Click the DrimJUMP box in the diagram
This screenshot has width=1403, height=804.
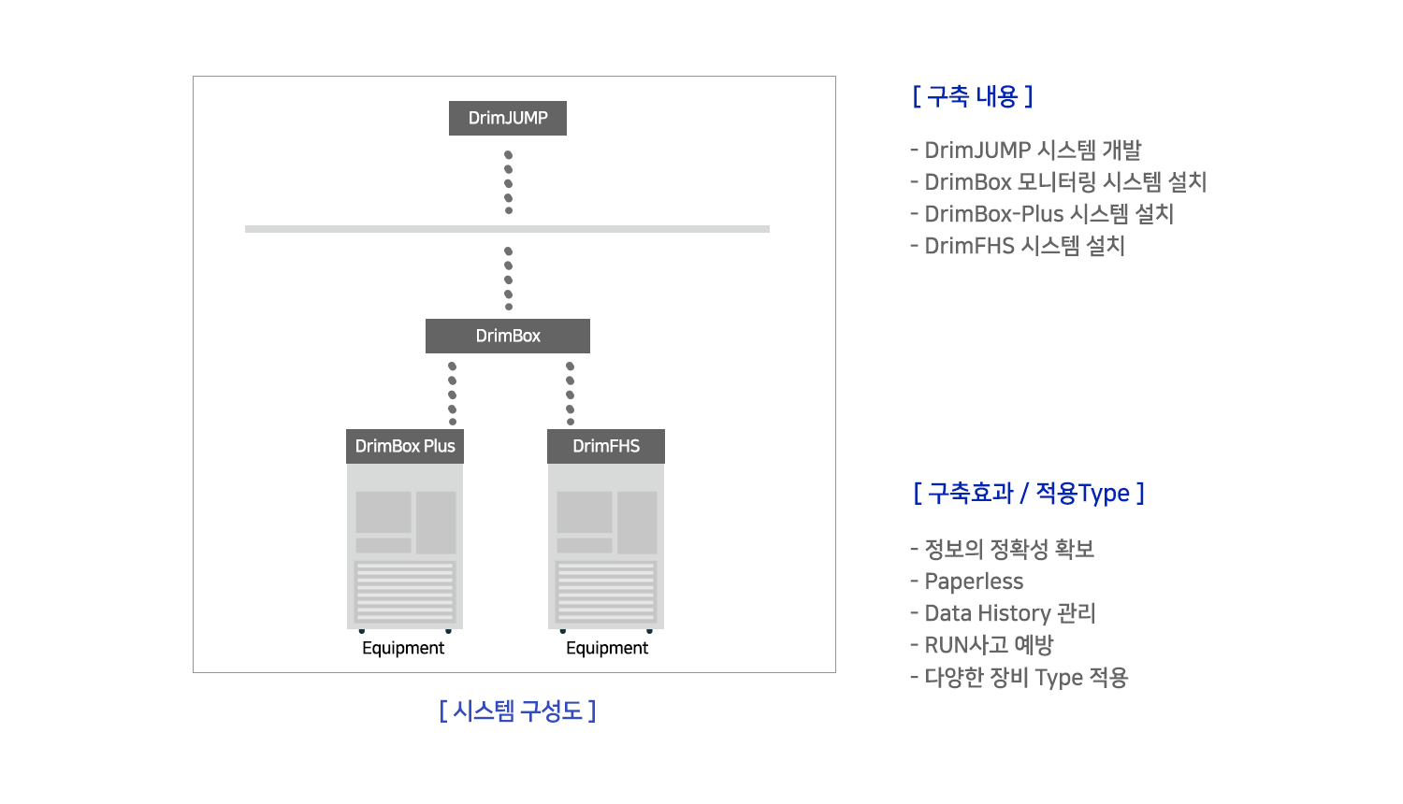tap(507, 118)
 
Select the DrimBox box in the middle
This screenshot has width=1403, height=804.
tap(507, 336)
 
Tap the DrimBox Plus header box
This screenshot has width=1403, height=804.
tap(405, 446)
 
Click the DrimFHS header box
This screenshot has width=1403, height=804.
tap(606, 446)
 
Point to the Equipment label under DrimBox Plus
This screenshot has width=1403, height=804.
tap(403, 648)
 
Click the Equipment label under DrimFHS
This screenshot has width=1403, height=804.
tap(607, 648)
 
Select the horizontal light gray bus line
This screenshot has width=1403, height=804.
tap(507, 229)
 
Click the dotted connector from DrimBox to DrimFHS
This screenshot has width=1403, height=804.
tap(570, 394)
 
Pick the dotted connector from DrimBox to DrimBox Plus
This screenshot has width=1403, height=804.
tap(452, 394)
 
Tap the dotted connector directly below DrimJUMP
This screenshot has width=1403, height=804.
tap(509, 182)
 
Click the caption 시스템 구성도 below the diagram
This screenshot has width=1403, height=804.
tap(517, 711)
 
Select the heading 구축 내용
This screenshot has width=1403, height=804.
tap(973, 96)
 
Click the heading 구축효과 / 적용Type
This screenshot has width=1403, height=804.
tap(1029, 494)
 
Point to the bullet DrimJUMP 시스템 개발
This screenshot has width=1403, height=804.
tap(1026, 151)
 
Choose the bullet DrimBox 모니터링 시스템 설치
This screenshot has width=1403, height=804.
tap(1059, 182)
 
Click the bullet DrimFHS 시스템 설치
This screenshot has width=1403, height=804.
tap(1018, 246)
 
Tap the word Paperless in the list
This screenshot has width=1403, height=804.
tap(974, 581)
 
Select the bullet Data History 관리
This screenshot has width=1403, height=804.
tap(1003, 613)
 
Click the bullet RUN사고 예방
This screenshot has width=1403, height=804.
tap(982, 645)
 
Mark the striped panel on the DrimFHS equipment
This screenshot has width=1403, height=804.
tap(606, 592)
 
